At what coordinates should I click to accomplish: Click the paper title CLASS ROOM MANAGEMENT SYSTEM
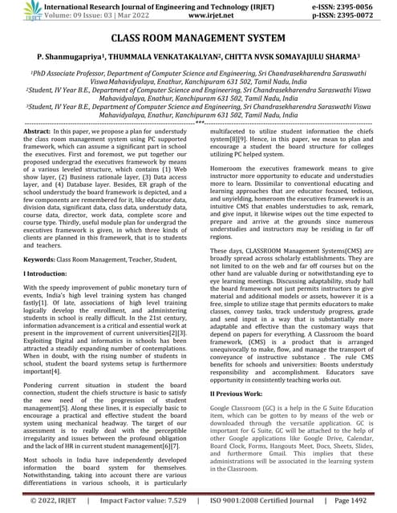tap(198, 38)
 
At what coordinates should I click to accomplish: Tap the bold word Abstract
tap(38, 130)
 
